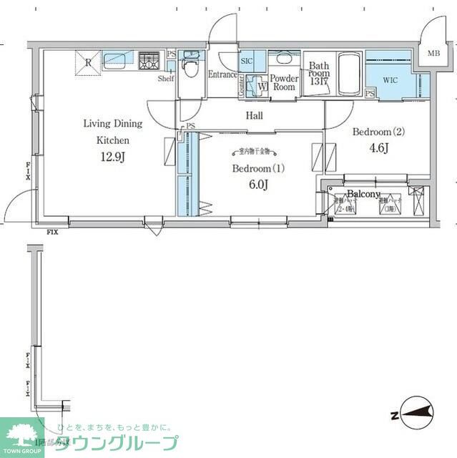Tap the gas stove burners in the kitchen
(x=150, y=62)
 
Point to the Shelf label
(x=166, y=79)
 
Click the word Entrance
(x=222, y=74)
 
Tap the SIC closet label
(x=247, y=62)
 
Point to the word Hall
(x=254, y=116)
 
